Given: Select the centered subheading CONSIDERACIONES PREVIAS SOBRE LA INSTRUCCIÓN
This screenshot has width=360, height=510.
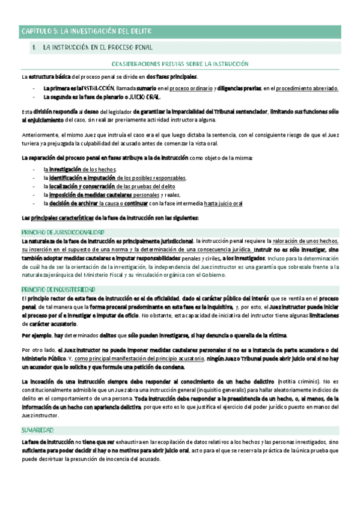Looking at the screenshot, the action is coord(180,63).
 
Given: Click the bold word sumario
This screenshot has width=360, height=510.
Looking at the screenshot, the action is coord(147,88).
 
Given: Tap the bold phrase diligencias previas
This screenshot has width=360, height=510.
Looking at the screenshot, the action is coord(239,88).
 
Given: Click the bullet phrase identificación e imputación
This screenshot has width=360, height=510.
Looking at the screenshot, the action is coord(82,178).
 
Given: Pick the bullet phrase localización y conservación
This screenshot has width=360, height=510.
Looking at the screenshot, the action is coord(82,186).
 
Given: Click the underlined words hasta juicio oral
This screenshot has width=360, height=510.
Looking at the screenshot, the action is coord(223,203).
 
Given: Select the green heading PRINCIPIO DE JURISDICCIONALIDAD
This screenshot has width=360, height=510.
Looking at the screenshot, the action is coord(63,232).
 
